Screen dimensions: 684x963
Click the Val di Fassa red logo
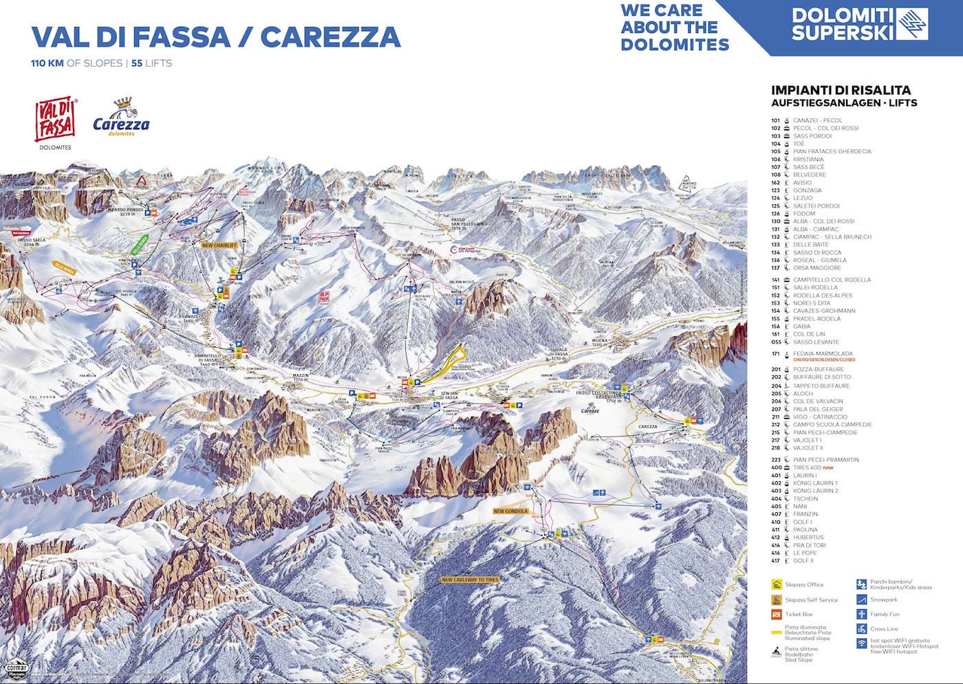coord(55,119)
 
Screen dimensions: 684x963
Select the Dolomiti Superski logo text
coord(843,24)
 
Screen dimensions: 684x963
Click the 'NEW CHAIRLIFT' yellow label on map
coord(219,245)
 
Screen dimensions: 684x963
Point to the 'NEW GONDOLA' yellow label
coord(510,511)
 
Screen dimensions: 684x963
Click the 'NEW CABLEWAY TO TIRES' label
coord(470,580)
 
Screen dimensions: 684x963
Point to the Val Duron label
coord(42,397)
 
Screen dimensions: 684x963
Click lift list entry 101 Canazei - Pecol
coord(817,120)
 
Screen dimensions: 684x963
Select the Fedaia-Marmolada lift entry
coord(823,354)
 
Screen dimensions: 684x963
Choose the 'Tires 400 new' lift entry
coord(812,467)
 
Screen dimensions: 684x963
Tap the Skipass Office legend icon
coord(777,585)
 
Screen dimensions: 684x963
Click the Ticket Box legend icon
coord(777,614)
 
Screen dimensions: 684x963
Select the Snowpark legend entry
coord(883,599)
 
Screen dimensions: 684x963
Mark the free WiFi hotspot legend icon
coord(861,644)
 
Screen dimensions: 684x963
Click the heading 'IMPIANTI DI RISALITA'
coord(841,90)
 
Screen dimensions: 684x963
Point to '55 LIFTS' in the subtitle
coord(151,63)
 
